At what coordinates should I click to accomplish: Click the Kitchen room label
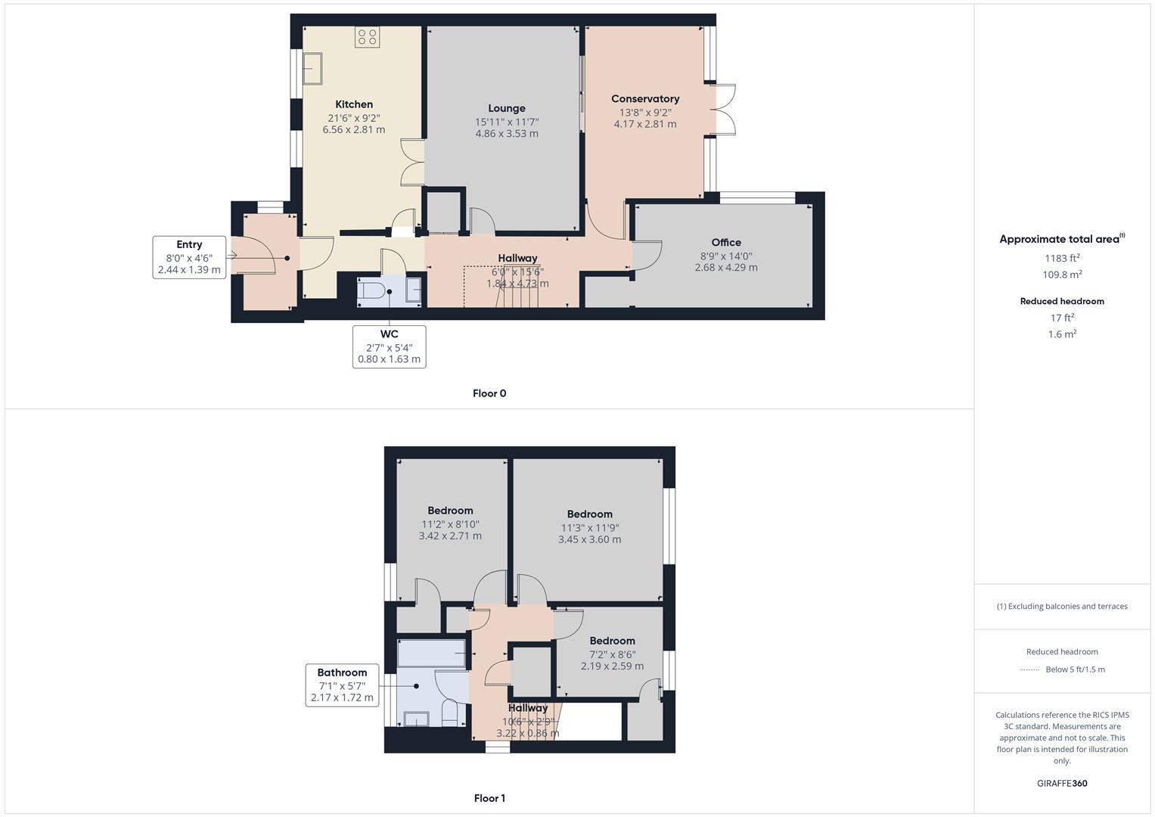point(354,104)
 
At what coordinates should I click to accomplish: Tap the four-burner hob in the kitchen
point(368,37)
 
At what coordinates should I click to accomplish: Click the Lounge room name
point(506,108)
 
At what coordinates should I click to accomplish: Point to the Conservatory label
point(645,98)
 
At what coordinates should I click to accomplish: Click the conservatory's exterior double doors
point(725,110)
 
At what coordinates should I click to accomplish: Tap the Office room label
point(726,242)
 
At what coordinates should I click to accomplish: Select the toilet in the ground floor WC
point(374,290)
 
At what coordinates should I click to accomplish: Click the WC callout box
point(389,346)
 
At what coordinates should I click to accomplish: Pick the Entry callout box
point(189,257)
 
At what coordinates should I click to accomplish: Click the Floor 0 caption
point(489,393)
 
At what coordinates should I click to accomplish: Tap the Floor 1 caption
point(489,798)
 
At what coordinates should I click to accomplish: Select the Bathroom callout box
point(342,685)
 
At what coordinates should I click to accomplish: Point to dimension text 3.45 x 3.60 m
point(589,539)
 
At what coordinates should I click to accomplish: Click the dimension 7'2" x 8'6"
point(612,654)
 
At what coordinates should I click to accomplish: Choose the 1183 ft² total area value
point(1062,259)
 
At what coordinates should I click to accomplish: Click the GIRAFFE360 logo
point(1062,783)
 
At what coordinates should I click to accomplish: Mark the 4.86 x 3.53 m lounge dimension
point(506,134)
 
